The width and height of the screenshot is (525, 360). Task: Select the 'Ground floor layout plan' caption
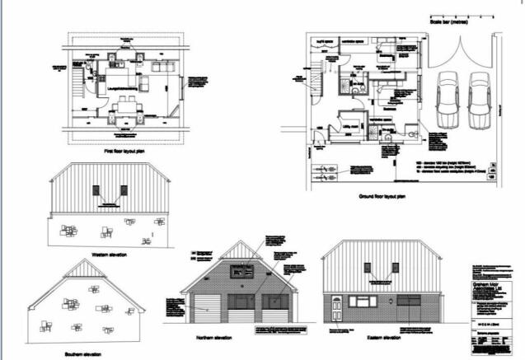tap(382, 197)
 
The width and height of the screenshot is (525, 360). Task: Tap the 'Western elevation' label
tap(110, 255)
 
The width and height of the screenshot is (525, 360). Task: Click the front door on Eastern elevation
tap(336, 309)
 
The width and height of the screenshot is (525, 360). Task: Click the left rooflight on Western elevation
tap(97, 191)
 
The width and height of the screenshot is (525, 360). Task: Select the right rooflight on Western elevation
tap(124, 191)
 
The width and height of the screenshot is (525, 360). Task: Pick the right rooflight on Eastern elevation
tap(396, 269)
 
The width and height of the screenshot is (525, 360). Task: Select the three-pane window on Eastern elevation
tap(363, 302)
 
